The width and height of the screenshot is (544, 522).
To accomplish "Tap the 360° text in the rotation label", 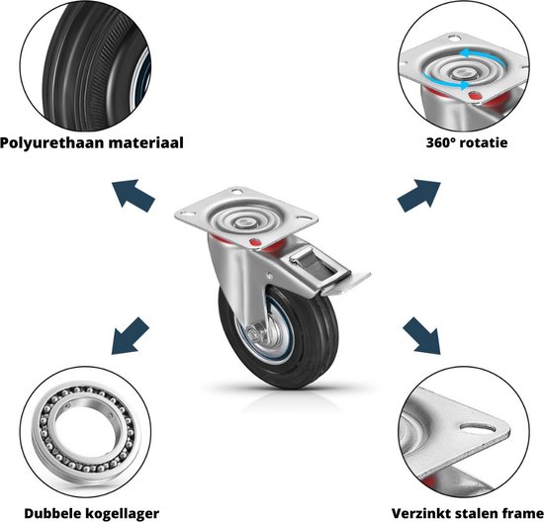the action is tap(438, 142).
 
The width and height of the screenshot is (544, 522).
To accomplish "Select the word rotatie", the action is tap(482, 142).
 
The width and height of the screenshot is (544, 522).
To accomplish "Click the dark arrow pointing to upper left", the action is tap(134, 195).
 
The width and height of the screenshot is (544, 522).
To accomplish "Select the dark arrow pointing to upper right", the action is tap(419, 196).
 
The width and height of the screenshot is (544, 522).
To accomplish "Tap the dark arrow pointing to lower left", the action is tap(131, 336).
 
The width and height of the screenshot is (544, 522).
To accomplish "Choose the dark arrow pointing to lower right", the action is tap(421, 336).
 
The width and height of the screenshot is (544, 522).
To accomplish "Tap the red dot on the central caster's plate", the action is tap(255, 242).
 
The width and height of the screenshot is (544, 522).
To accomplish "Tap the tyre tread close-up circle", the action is tap(85, 66).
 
